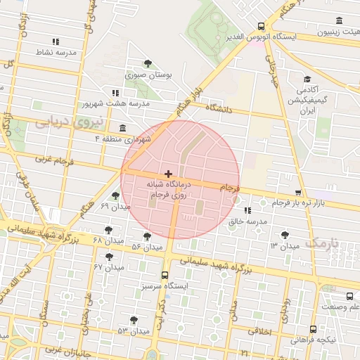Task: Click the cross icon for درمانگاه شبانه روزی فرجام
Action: click(x=167, y=173)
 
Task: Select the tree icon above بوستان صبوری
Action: click(x=147, y=63)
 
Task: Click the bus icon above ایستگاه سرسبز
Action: click(x=165, y=275)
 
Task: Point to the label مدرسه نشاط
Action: click(x=56, y=53)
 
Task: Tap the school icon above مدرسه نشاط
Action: click(x=56, y=41)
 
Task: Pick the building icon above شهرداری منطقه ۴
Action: click(x=124, y=127)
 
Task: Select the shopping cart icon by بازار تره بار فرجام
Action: click(x=298, y=192)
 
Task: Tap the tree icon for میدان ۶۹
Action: click(x=115, y=195)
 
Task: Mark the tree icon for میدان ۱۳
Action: click(x=284, y=234)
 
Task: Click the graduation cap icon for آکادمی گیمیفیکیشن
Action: click(x=307, y=79)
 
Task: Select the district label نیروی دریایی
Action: click(x=69, y=120)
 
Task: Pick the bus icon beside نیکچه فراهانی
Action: click(x=312, y=328)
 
